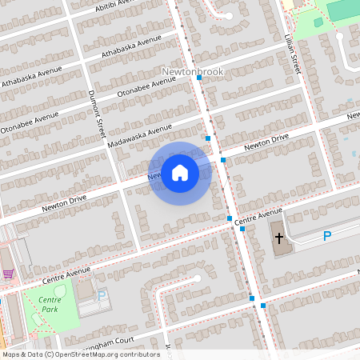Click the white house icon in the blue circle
tap(180, 173)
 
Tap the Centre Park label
tap(50, 304)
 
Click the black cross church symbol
tap(279, 238)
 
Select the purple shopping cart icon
tap(8, 274)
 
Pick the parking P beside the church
tap(326, 236)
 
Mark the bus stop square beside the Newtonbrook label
tap(198, 88)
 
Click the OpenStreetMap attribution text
tap(80, 354)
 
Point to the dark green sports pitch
tap(343, 10)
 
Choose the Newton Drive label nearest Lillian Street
tap(266, 143)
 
